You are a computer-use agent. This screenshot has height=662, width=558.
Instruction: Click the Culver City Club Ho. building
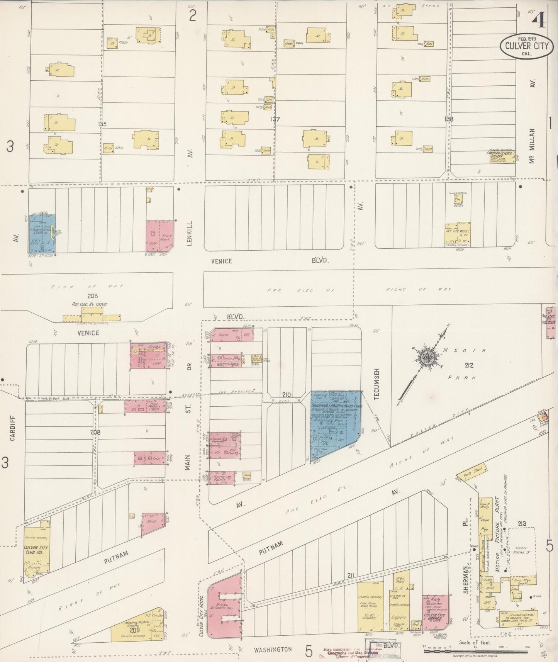tap(36, 552)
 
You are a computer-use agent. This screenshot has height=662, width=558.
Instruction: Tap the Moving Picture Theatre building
tap(137, 628)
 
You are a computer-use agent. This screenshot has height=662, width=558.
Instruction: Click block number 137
tap(275, 119)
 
